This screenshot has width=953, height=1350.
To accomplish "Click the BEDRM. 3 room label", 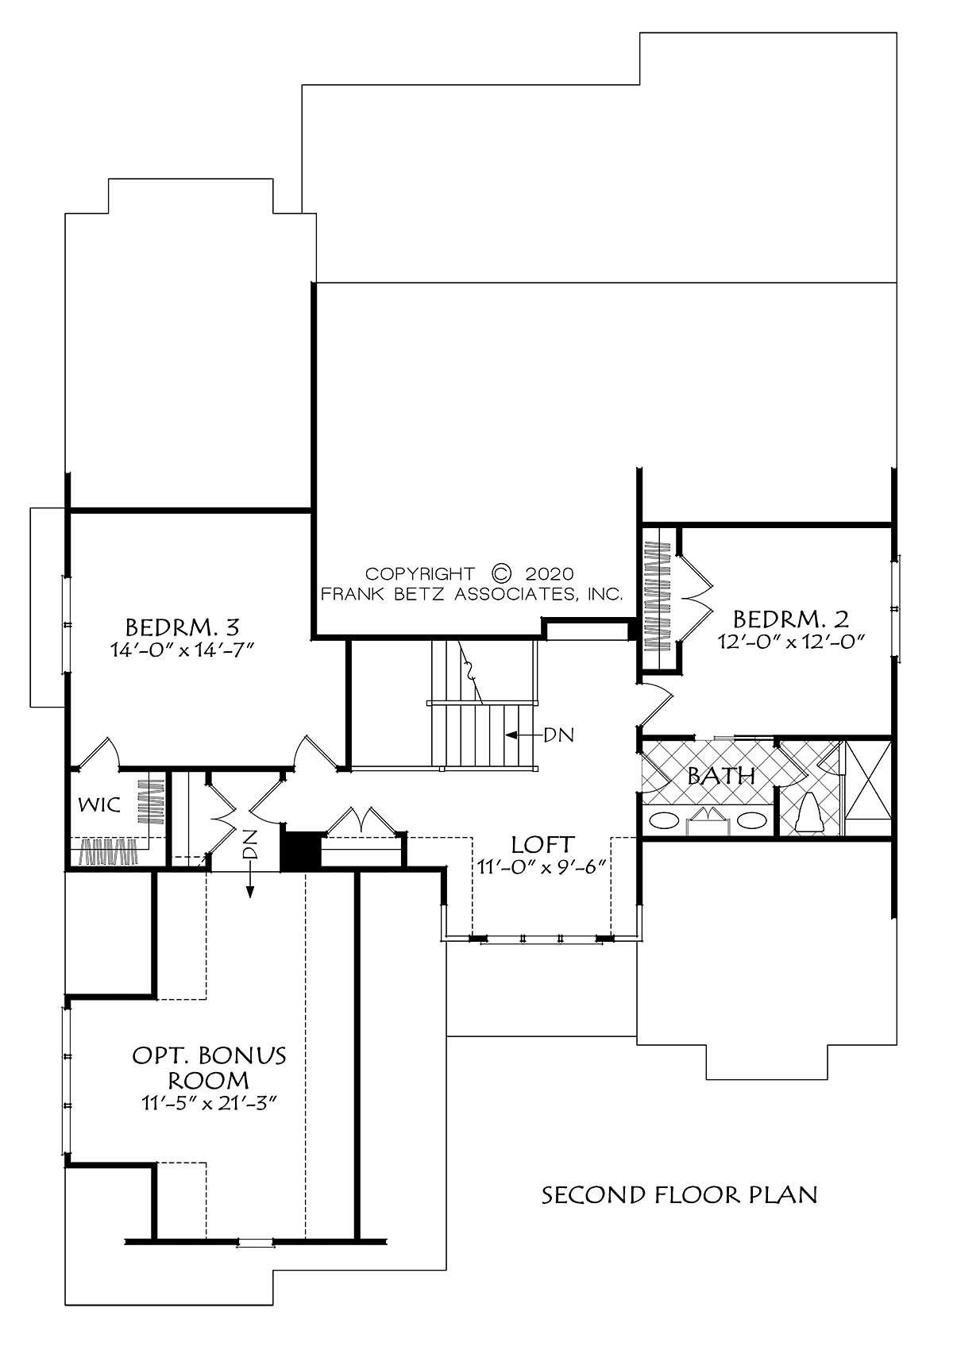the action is pyautogui.click(x=182, y=627).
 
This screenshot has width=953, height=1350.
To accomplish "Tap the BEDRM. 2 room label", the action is pyautogui.click(x=790, y=619).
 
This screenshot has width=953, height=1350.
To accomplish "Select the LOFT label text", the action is pyautogui.click(x=542, y=844).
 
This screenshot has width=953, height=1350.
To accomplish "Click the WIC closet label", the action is pyautogui.click(x=99, y=804).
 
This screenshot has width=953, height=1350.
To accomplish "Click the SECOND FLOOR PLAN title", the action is pyautogui.click(x=679, y=1195).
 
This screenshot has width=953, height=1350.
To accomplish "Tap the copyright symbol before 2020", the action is pyautogui.click(x=501, y=573).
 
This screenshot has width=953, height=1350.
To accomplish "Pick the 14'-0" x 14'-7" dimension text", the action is pyautogui.click(x=182, y=650).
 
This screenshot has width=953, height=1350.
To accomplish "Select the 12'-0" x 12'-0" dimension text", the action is pyautogui.click(x=792, y=642).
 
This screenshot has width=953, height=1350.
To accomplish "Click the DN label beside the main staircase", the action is pyautogui.click(x=559, y=735).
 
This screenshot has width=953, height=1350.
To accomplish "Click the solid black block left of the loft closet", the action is pyautogui.click(x=300, y=850).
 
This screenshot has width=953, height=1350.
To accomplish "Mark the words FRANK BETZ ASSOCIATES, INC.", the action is pyautogui.click(x=472, y=595).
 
